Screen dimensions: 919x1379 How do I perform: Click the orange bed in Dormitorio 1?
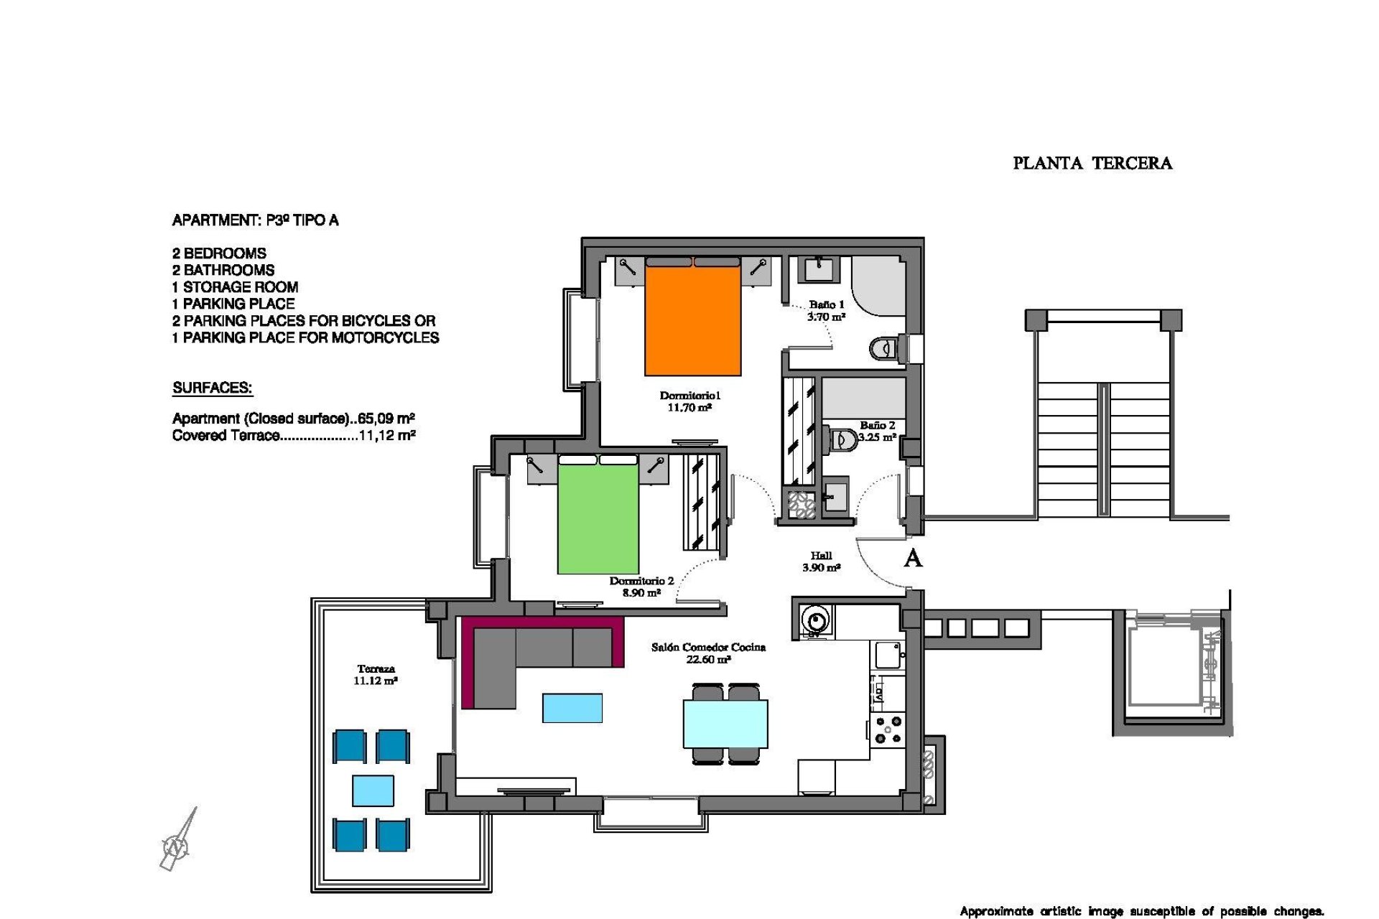[x=692, y=319]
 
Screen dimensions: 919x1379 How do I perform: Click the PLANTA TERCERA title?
[x=1092, y=164]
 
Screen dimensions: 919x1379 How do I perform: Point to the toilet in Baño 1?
[x=883, y=349]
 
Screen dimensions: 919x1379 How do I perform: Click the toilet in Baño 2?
[x=842, y=439]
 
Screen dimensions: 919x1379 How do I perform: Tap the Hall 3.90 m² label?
[x=821, y=561]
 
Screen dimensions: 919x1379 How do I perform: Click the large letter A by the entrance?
[x=912, y=559]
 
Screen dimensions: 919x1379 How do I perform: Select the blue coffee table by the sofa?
[x=572, y=708]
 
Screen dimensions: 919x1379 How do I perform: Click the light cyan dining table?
[x=725, y=724]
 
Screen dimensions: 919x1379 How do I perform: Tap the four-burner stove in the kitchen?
[x=888, y=729]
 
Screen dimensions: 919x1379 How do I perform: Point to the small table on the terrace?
[x=373, y=790]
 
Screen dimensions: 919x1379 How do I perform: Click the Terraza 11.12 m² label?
[x=375, y=675]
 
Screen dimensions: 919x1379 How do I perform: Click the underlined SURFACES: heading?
[x=213, y=388]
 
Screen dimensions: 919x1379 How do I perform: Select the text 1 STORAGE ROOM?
[x=235, y=287]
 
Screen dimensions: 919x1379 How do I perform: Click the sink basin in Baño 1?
[x=818, y=269]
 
